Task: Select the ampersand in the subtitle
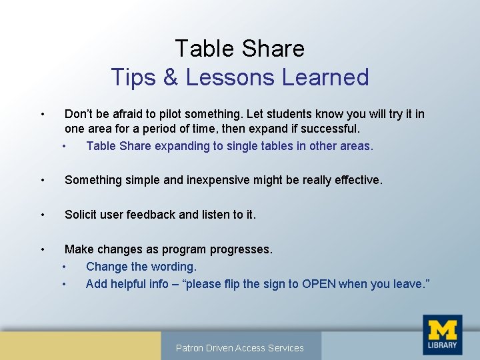(170, 77)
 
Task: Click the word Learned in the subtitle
(325, 77)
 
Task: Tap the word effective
(356, 180)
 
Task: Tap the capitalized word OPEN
(319, 284)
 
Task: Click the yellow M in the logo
(442, 329)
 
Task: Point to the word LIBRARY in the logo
(442, 345)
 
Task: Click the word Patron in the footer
(191, 348)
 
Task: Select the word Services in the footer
(285, 348)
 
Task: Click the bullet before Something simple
(42, 180)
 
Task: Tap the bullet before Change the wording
(65, 267)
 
